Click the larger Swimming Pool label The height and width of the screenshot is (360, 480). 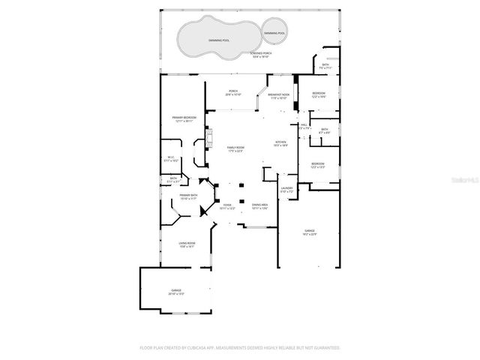(x=209, y=39)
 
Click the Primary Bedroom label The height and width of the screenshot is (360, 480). (x=184, y=119)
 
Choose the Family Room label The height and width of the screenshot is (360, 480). (x=235, y=149)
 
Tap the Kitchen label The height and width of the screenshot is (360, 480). (x=280, y=143)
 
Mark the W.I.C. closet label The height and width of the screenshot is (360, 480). (x=171, y=158)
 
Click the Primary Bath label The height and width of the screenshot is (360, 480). (x=188, y=196)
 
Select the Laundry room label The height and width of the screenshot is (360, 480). (x=286, y=190)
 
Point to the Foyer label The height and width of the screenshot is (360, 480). (x=227, y=205)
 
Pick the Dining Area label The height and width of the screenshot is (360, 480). (x=259, y=205)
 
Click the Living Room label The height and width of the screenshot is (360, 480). (x=186, y=244)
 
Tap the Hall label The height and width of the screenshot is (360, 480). (x=304, y=126)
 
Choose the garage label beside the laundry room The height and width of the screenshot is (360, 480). (x=309, y=232)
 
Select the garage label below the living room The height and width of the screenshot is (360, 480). (x=175, y=292)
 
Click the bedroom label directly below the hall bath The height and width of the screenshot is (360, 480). (x=318, y=164)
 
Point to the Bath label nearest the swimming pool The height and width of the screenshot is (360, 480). (x=325, y=66)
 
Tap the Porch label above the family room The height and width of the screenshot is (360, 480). (x=232, y=94)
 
